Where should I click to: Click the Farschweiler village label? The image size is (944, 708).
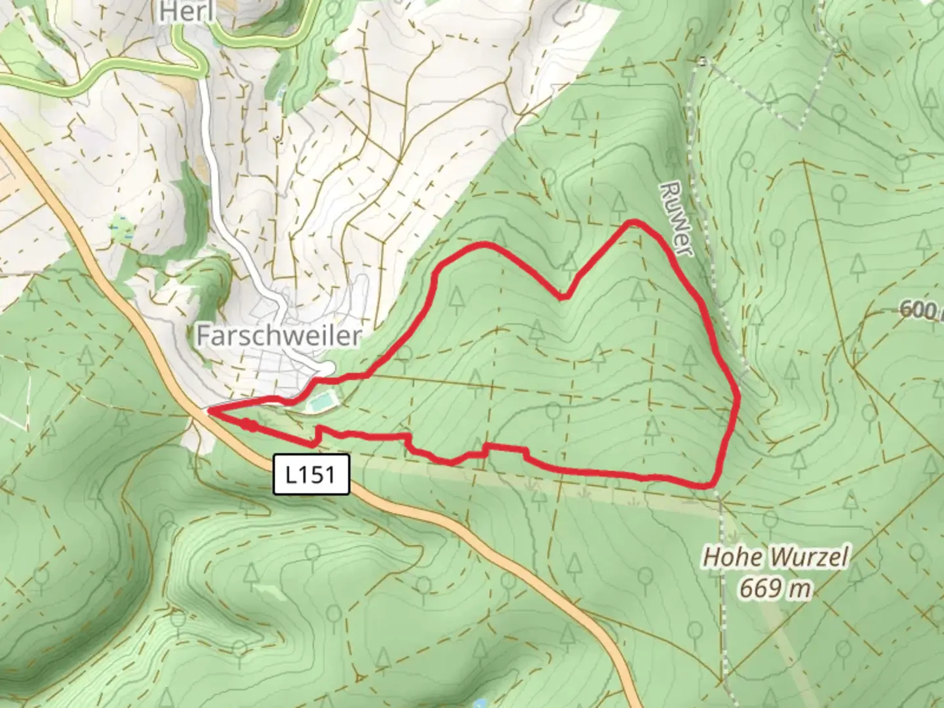tap(279, 336)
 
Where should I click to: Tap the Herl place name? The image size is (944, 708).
tap(186, 11)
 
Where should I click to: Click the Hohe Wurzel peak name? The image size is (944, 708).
tap(775, 558)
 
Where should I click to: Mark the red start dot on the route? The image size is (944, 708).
tap(249, 425)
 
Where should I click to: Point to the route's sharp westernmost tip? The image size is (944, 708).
tap(208, 412)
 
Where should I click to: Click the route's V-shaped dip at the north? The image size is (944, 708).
tap(562, 297)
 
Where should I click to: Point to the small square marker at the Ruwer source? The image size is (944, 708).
tap(702, 62)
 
